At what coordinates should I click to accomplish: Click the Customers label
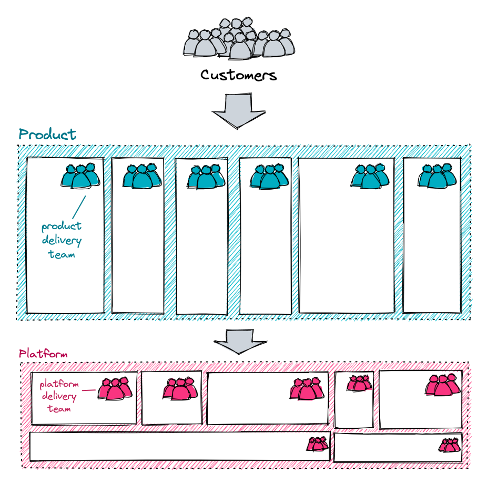tap(238, 75)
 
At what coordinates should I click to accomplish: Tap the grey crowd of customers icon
tap(239, 38)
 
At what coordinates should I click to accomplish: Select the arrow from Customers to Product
tap(239, 111)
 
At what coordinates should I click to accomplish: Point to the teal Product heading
tap(47, 135)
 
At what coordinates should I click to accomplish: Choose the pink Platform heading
tap(43, 354)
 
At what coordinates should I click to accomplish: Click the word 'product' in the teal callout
tap(62, 226)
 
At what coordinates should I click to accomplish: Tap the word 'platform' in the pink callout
tap(58, 384)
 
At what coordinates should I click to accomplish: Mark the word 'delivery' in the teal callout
tap(62, 241)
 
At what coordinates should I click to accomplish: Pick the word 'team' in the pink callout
tap(59, 408)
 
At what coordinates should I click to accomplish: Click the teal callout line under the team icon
tap(78, 207)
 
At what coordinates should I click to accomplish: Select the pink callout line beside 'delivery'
tap(89, 390)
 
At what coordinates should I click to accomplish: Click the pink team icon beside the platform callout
tap(114, 389)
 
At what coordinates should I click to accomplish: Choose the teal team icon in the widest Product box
tap(370, 176)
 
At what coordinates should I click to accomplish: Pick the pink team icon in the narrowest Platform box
tap(359, 383)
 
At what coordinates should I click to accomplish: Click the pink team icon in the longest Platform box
tap(318, 445)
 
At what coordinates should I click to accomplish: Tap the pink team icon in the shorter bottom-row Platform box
tap(449, 446)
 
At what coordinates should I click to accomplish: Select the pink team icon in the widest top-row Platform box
tap(306, 389)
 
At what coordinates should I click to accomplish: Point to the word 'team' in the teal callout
tap(62, 254)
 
